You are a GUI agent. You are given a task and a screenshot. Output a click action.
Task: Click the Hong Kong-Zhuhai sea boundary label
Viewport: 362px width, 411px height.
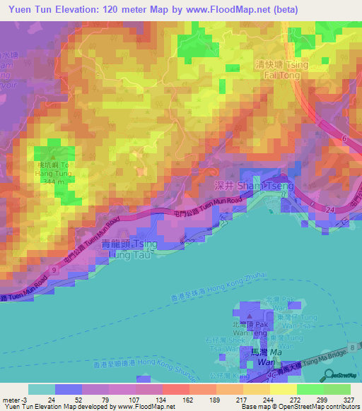click(x=214, y=300)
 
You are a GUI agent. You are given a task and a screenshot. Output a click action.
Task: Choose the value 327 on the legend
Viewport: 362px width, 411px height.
click(x=348, y=399)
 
